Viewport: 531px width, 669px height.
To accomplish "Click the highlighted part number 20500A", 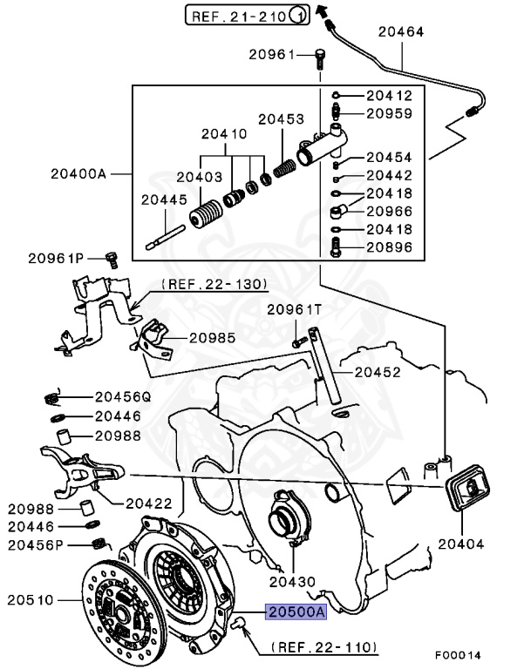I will [296, 612].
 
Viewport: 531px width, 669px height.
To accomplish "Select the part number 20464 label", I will [400, 32].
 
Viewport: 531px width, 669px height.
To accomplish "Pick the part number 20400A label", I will [71, 173].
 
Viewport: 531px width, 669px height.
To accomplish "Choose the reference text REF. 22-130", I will [214, 284].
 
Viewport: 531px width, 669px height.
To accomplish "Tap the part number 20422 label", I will [149, 502].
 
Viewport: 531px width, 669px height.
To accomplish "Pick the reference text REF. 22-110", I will [323, 647].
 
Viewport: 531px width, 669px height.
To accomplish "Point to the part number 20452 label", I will [377, 372].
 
